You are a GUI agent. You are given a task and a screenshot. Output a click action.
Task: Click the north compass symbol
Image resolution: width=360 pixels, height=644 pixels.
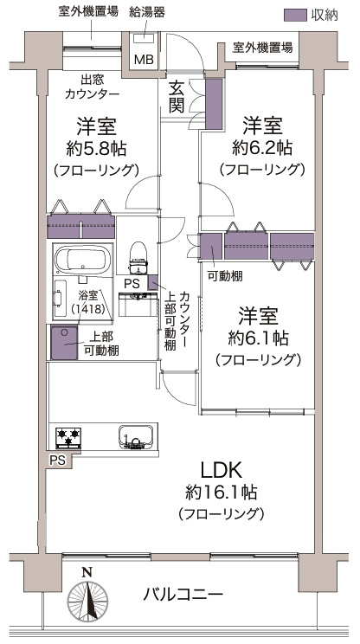coord(87,596)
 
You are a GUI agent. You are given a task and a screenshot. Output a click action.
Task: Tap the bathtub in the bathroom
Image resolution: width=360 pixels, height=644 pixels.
coord(83,261)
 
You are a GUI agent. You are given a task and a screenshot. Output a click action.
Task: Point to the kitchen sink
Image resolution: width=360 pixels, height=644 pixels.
coord(136,437)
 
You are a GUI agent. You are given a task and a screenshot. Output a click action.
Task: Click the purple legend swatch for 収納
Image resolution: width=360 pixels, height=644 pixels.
coord(296,16)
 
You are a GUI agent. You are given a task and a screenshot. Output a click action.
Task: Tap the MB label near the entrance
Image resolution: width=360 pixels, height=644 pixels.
coord(144,60)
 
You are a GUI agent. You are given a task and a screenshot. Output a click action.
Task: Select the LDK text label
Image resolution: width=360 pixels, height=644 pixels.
coord(222,470)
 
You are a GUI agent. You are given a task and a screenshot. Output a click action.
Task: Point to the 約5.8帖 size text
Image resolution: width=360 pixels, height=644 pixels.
coord(96,148)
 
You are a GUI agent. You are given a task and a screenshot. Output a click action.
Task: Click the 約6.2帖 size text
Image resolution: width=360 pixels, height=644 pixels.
coord(262,147)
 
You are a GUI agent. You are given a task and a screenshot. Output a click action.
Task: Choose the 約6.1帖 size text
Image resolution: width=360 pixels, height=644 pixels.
coord(258,338)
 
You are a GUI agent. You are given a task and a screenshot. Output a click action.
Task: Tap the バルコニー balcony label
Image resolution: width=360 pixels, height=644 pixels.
coord(183,594)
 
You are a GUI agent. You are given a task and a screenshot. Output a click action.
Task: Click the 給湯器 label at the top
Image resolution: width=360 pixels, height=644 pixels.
coord(147,13)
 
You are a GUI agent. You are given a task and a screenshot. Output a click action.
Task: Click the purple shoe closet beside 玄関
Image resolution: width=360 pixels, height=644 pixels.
coord(214,104)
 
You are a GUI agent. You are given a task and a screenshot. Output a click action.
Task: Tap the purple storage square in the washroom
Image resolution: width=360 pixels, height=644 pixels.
coord(64,343)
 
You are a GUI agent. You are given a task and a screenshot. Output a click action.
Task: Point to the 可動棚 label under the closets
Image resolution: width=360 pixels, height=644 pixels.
coord(225,277)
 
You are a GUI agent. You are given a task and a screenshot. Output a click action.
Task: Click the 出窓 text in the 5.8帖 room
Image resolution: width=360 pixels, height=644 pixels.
coord(93,79)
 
